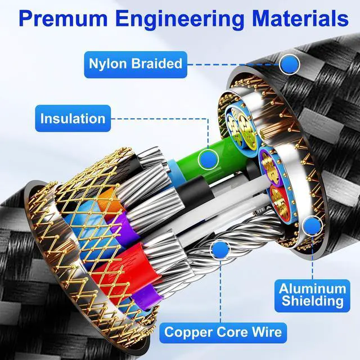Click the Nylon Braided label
click(135, 64)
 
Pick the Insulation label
click(72, 119)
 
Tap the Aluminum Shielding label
click(312, 295)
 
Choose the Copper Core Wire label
click(223, 331)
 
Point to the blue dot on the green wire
click(209, 160)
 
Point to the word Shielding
click(312, 302)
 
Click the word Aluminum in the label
click(312, 288)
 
